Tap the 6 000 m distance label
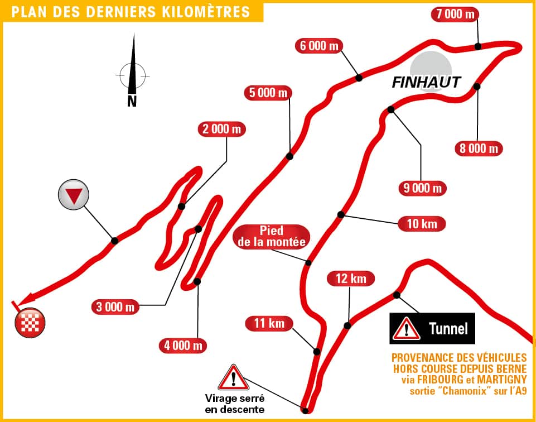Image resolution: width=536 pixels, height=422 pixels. [x=319, y=46]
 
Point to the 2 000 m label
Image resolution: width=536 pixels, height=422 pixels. [x=222, y=130]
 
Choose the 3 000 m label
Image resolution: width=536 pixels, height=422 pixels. [x=116, y=306]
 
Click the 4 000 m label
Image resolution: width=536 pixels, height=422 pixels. [x=183, y=346]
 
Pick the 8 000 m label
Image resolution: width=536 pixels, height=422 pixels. [x=478, y=148]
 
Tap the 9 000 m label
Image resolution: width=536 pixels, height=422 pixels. [x=422, y=188]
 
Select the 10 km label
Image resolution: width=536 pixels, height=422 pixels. [x=422, y=224]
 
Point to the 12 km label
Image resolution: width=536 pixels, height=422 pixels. [x=350, y=278]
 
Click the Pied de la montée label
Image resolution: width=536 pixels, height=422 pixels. [x=271, y=237]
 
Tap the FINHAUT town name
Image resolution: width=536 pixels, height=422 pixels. [x=427, y=83]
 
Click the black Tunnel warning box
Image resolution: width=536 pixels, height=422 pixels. [x=432, y=328]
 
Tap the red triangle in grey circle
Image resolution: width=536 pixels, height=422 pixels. [x=74, y=195]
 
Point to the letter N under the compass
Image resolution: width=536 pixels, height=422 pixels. [x=132, y=101]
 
